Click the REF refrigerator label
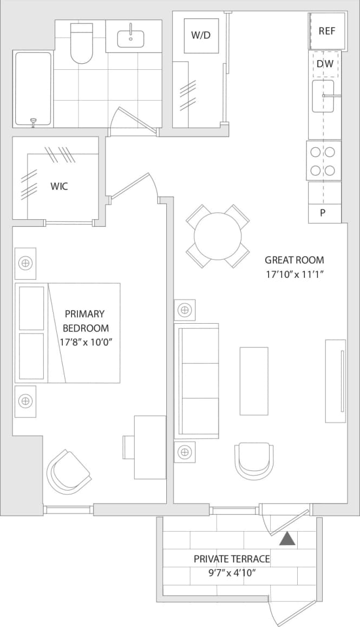327,31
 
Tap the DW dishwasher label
325,64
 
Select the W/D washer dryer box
200,36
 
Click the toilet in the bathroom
82,43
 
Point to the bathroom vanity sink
130,38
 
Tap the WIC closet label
59,186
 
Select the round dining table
218,236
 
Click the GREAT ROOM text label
294,260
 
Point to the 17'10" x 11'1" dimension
294,275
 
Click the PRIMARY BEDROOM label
86,321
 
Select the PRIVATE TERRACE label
232,559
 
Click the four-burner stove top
324,161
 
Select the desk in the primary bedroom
149,447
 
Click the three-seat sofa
196,381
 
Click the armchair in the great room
253,460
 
